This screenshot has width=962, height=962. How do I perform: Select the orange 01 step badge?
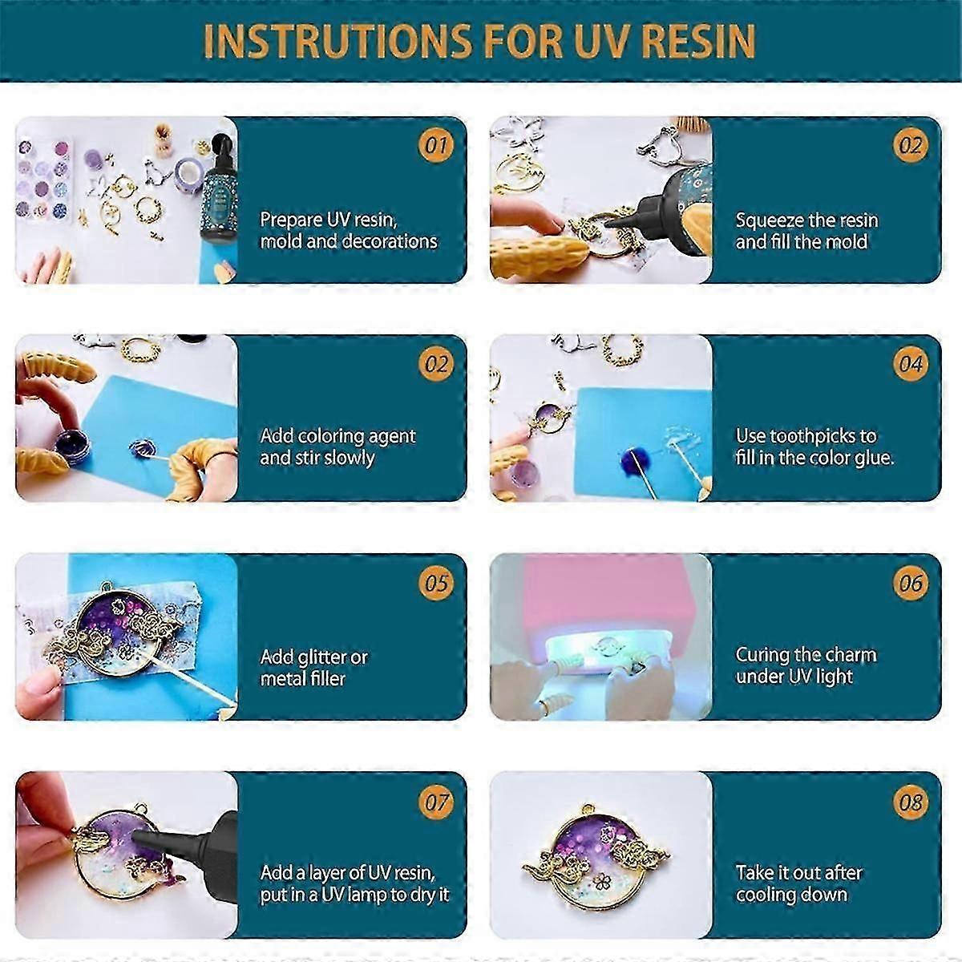[x=436, y=145]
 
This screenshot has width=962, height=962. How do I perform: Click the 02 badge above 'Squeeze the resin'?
[x=911, y=145]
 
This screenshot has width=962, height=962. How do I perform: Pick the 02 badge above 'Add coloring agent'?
[x=436, y=364]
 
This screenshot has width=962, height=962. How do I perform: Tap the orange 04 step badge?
[x=911, y=364]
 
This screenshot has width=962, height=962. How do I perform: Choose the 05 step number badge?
[x=436, y=583]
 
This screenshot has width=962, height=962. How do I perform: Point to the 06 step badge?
[x=911, y=583]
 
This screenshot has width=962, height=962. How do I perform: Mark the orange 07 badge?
[x=436, y=802]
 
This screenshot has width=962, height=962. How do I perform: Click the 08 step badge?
[x=911, y=802]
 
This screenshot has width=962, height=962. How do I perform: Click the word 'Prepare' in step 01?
[x=291, y=220]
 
